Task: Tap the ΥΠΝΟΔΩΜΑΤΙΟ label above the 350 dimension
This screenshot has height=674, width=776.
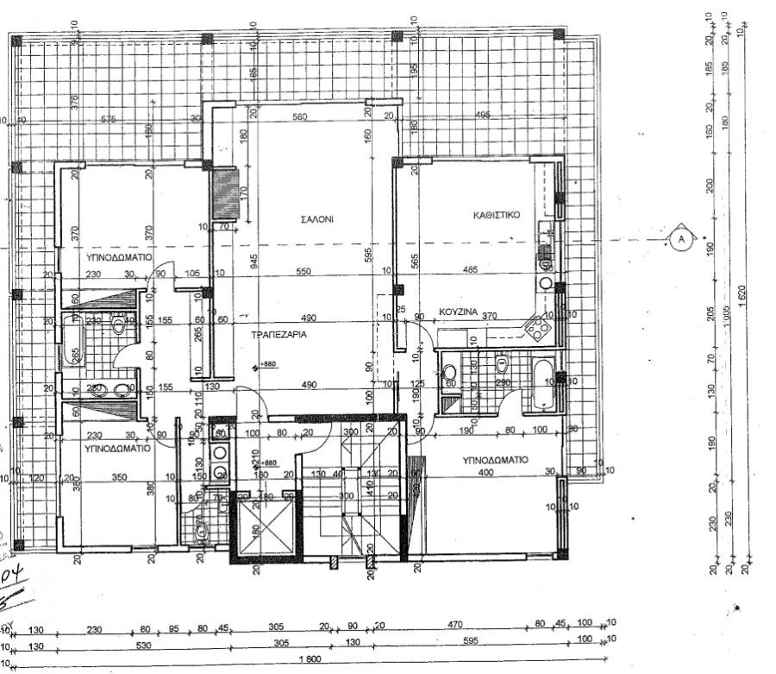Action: tap(118, 449)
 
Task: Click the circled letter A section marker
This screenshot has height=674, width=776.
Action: tap(680, 237)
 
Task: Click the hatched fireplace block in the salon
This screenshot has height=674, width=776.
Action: tap(227, 194)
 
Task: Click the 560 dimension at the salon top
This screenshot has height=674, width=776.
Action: tap(299, 117)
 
